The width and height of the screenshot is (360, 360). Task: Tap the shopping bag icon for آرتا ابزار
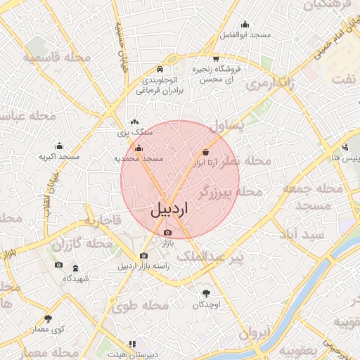pyautogui.click(x=205, y=152)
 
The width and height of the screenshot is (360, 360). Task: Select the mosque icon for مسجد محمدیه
pyautogui.click(x=139, y=148)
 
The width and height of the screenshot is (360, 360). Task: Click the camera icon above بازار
pyautogui.click(x=167, y=233)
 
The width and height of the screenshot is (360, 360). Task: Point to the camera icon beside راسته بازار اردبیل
pyautogui.click(x=144, y=256)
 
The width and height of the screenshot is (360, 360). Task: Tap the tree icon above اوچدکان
pyautogui.click(x=206, y=293)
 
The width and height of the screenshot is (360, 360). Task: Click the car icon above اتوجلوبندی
pyautogui.click(x=160, y=69)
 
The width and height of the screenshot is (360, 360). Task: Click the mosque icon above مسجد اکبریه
pyautogui.click(x=58, y=146)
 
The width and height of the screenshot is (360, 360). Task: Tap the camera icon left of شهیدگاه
pyautogui.click(x=58, y=265)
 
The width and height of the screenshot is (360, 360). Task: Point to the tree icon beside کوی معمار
pyautogui.click(x=49, y=319)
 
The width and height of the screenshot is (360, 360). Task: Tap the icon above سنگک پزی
pyautogui.click(x=134, y=121)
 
